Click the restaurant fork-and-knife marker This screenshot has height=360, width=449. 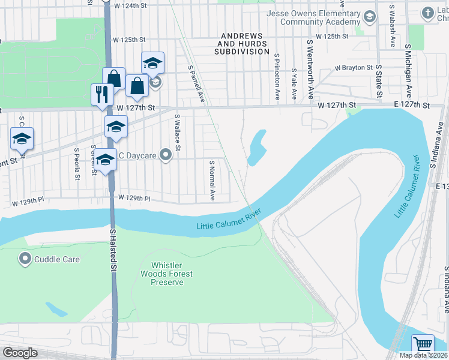(101, 94)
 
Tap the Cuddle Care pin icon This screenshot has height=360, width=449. (25, 259)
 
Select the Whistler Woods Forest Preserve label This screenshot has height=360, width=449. (172, 274)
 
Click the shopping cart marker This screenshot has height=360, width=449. (423, 345)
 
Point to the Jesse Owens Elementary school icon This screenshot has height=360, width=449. (369, 16)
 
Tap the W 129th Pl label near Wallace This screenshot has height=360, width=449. (133, 197)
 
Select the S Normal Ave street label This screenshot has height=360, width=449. (212, 180)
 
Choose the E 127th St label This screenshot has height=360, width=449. (412, 105)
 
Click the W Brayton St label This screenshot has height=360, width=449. (354, 68)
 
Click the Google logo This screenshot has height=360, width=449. (20, 353)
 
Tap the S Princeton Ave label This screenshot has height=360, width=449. (277, 77)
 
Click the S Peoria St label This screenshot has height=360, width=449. (77, 163)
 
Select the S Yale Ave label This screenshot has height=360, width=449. (294, 83)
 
